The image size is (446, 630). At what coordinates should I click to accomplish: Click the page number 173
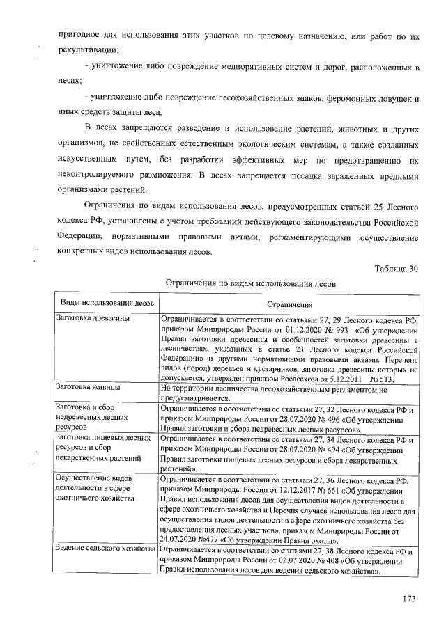tap(408, 599)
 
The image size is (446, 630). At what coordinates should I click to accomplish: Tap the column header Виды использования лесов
tap(107, 304)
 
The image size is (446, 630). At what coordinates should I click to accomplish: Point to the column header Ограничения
tap(289, 304)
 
